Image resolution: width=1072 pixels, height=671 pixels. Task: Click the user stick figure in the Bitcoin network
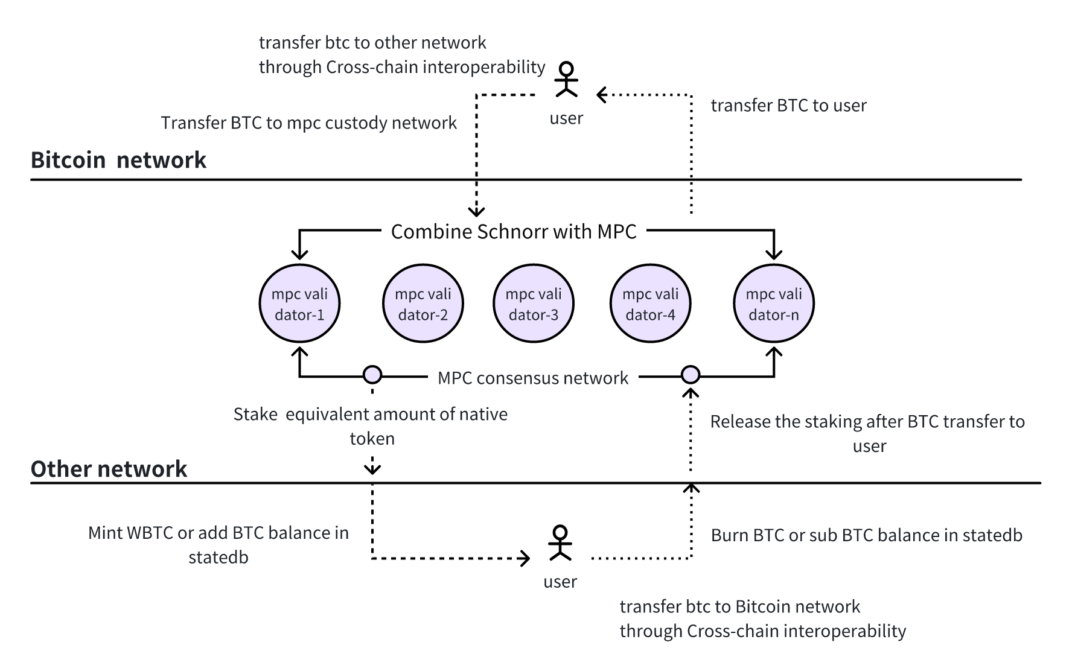566,79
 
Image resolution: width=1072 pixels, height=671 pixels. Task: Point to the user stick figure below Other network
560,542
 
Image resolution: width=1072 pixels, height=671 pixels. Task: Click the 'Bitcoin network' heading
118,160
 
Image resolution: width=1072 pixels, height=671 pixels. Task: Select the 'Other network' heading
109,469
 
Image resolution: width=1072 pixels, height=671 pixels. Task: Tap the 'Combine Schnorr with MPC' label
514,232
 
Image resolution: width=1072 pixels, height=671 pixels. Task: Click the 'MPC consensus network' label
533,378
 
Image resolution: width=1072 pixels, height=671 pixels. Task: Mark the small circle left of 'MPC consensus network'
372,375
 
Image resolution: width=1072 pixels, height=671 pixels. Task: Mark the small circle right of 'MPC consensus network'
691,375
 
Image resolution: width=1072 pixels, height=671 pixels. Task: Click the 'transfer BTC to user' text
789,106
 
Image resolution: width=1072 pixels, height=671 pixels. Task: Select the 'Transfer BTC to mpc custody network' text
309,123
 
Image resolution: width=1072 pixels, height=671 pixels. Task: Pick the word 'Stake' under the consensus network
255,415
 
